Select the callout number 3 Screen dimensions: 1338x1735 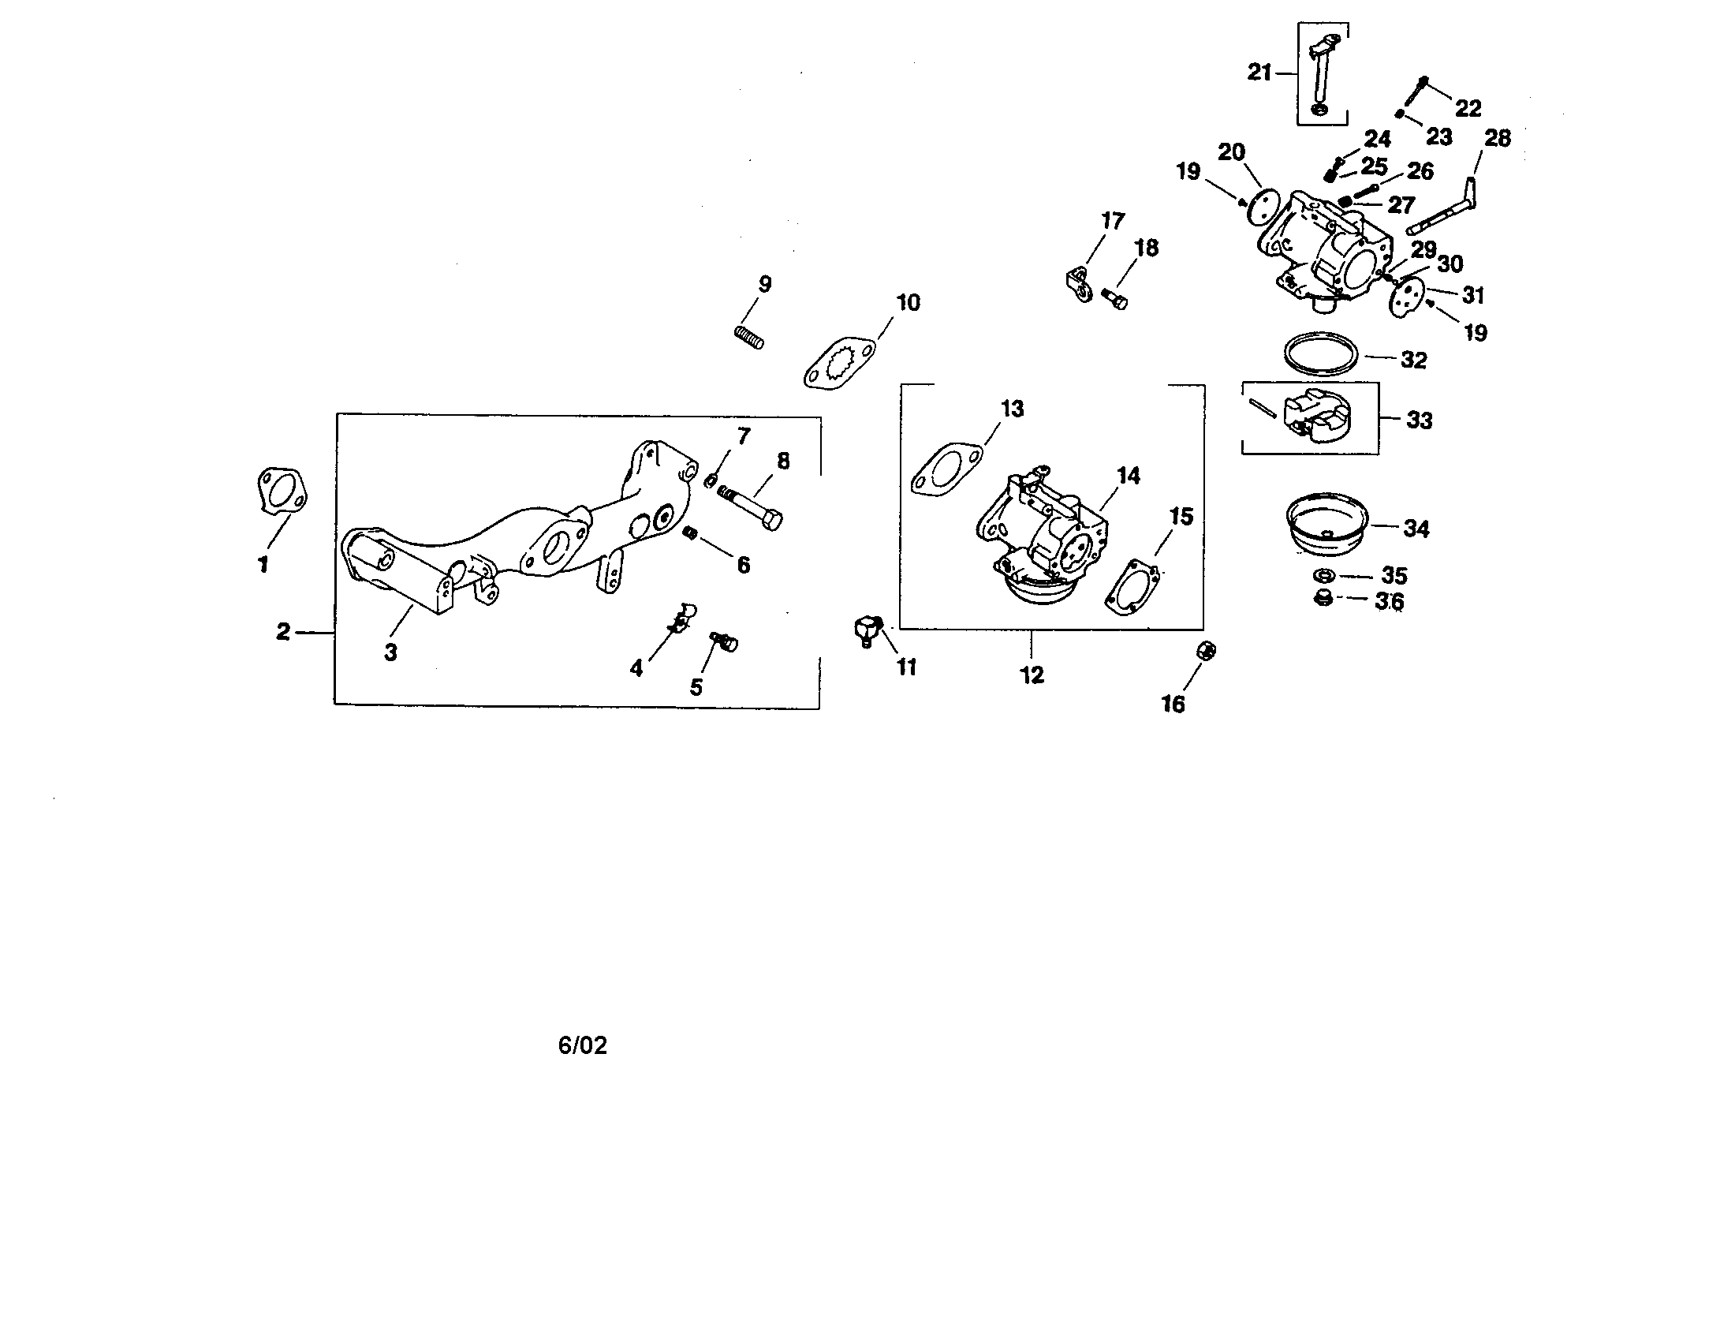[390, 652]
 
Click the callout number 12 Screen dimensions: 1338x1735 [1032, 675]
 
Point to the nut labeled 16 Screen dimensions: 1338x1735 [1206, 651]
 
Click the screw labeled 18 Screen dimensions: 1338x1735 [1114, 300]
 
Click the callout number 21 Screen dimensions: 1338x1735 [1259, 73]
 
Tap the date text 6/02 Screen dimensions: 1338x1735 [582, 1045]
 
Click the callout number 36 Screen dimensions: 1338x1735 [1390, 601]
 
